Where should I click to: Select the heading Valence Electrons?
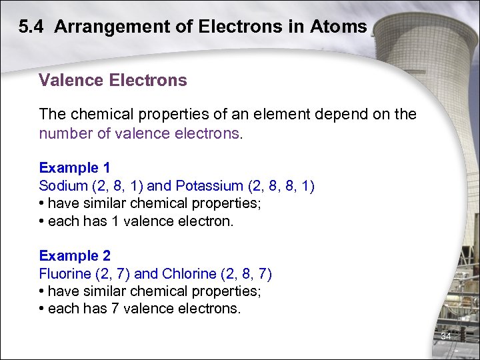point(113,81)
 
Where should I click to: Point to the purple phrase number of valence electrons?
point(139,133)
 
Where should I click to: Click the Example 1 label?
point(75,167)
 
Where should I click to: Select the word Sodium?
point(62,185)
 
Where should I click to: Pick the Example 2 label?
point(75,255)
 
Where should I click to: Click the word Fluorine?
point(64,273)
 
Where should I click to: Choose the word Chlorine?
point(189,273)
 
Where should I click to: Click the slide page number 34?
point(446,337)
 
